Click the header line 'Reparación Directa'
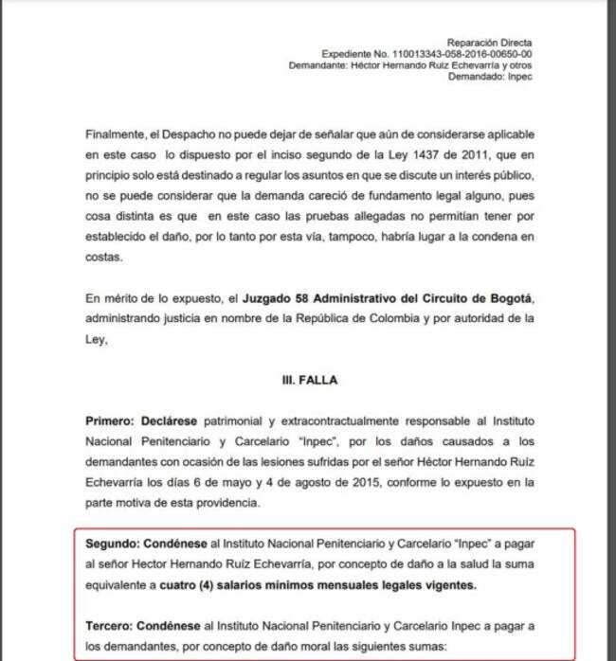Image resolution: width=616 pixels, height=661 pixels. pyautogui.click(x=490, y=43)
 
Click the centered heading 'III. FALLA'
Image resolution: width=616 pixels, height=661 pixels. pyautogui.click(x=308, y=379)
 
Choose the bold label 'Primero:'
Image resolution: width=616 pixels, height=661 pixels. pyautogui.click(x=111, y=420)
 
